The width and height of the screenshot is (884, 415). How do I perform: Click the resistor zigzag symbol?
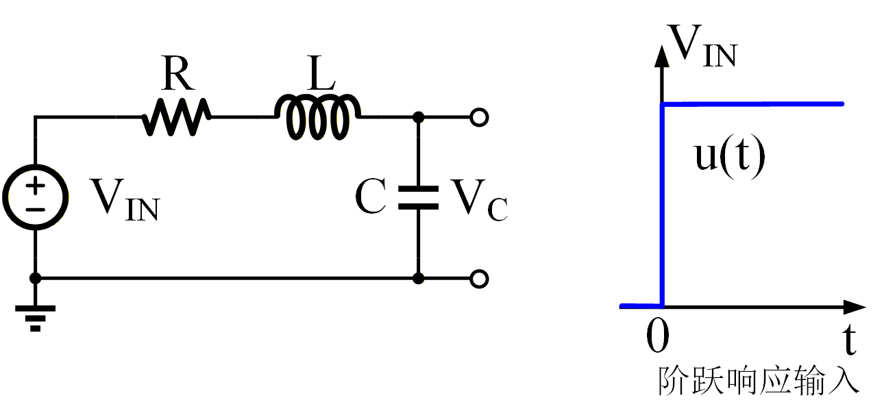click(x=175, y=117)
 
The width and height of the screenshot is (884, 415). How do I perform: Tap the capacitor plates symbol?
click(x=419, y=197)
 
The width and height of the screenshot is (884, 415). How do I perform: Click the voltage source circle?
click(x=35, y=197)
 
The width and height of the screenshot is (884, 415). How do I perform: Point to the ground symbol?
click(x=35, y=317)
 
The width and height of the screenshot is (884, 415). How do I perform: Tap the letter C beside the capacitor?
click(x=371, y=198)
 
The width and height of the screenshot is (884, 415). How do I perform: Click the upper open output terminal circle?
click(x=480, y=118)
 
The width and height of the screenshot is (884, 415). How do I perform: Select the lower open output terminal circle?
click(x=480, y=279)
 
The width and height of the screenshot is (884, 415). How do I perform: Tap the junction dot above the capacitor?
click(x=419, y=118)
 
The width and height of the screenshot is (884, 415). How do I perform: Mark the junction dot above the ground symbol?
click(x=35, y=279)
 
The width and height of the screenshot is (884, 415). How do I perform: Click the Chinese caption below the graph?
click(x=758, y=381)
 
